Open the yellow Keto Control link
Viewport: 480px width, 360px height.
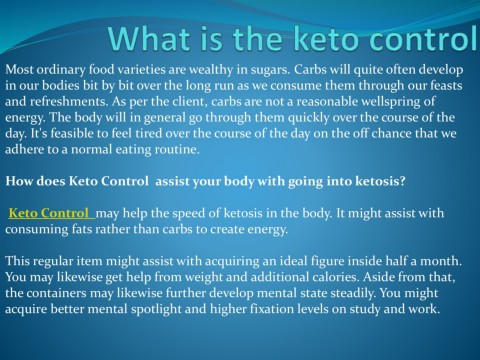click(x=49, y=214)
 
